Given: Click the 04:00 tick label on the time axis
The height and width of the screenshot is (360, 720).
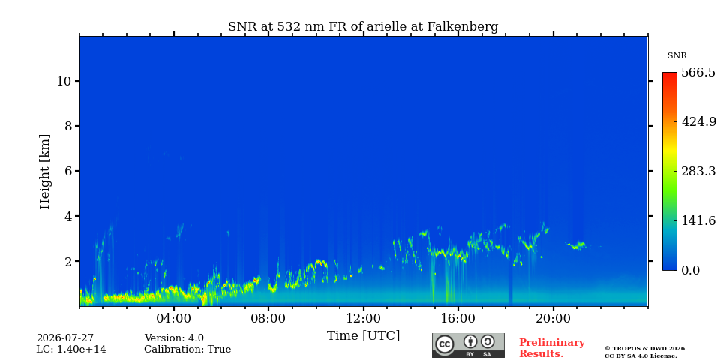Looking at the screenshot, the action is (174, 319).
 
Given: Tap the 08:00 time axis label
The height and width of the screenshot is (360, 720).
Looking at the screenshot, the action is (268, 319).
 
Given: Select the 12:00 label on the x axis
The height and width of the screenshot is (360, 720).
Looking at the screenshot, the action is (364, 319).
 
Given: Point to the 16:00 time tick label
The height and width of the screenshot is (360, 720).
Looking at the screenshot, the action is (458, 319).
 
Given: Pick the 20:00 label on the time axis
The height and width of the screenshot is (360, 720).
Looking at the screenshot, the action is (553, 319).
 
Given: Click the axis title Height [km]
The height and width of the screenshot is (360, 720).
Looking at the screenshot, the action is (44, 172).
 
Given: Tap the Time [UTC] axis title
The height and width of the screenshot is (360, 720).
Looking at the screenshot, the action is (363, 336).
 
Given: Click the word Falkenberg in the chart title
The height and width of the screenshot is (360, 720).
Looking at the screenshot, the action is (463, 27).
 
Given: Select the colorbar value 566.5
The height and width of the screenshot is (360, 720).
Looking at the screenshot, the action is (698, 73).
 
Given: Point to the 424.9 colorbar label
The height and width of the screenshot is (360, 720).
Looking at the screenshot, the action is (698, 122).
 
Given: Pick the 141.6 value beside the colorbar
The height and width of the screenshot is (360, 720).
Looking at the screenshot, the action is (698, 220).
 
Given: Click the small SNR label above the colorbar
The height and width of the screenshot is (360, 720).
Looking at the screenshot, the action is (676, 56).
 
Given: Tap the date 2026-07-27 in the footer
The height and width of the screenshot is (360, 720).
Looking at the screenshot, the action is (65, 338).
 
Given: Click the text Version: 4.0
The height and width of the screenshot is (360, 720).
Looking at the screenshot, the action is (174, 338).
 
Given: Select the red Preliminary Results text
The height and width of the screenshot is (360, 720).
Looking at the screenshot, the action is (552, 348).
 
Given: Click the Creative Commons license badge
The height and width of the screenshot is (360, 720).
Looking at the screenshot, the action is (468, 345).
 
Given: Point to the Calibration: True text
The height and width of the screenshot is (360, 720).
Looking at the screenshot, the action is (187, 349).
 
